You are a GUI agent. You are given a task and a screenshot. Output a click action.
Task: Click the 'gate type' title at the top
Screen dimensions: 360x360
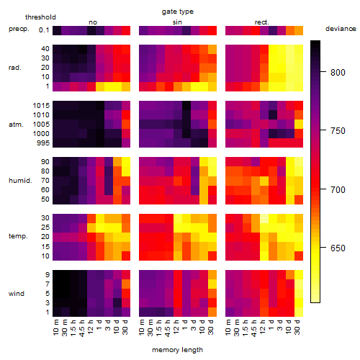click(178, 12)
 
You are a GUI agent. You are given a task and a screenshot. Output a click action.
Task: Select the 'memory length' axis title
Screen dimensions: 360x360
click(177, 350)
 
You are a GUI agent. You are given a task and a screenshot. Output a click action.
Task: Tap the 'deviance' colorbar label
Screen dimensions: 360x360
click(341, 29)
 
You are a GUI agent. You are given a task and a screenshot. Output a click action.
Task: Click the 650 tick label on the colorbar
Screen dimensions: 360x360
click(338, 248)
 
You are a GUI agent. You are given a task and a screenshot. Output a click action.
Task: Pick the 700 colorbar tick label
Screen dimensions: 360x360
click(338, 189)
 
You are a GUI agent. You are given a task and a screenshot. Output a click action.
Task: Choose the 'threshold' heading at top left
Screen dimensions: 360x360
click(40, 17)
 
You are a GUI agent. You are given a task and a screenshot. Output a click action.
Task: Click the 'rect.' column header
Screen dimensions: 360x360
click(262, 22)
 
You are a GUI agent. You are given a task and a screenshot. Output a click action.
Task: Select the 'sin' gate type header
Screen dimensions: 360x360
click(177, 22)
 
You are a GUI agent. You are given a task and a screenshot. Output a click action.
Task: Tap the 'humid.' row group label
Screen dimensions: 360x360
click(20, 181)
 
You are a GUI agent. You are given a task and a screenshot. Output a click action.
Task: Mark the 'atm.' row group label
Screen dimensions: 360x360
click(16, 125)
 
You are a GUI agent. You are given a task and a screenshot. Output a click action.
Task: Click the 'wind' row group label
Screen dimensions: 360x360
click(17, 294)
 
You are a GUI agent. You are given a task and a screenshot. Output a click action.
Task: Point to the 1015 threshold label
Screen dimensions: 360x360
click(41, 106)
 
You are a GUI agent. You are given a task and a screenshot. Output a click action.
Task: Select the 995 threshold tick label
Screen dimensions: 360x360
click(43, 143)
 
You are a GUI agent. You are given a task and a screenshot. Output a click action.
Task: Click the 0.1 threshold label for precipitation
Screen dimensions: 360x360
click(44, 30)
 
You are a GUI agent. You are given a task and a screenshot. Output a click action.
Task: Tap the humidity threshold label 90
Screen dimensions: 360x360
click(45, 162)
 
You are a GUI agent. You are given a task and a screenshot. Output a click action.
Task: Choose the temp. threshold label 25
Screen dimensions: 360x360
click(45, 228)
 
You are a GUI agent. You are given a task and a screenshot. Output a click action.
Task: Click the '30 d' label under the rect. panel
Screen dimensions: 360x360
click(297, 327)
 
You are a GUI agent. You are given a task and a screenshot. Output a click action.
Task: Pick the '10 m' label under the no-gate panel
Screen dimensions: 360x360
click(55, 328)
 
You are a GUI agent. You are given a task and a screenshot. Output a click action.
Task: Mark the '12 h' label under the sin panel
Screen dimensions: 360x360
click(176, 327)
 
